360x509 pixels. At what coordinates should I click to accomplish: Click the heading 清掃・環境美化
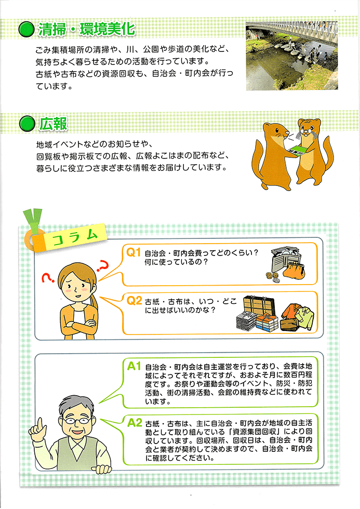[x=86, y=29]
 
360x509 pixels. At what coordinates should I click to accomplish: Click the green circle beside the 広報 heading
[x=27, y=124]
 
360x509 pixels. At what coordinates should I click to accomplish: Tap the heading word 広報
[x=53, y=124]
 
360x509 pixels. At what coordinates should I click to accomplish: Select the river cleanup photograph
[x=292, y=56]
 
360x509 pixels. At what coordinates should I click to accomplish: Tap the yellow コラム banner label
[x=75, y=238]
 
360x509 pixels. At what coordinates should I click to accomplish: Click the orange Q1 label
[x=133, y=252]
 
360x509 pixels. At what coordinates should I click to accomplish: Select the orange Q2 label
[x=134, y=301]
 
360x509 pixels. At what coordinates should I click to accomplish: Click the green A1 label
[x=134, y=366]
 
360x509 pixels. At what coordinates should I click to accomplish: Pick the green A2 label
[x=135, y=423]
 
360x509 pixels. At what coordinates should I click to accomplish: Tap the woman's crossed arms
[x=79, y=325]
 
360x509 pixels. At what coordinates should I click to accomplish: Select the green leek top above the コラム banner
[x=33, y=219]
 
